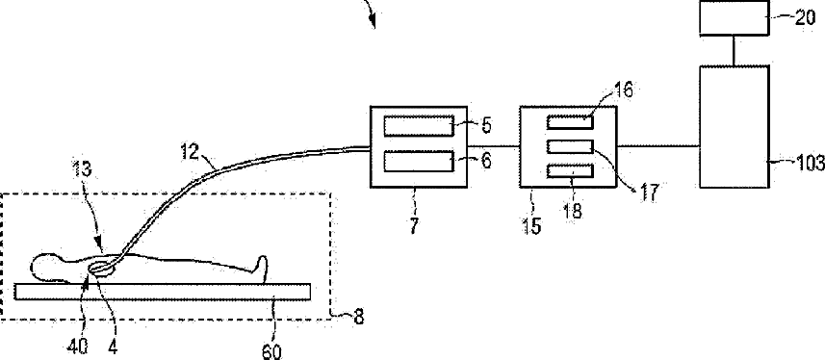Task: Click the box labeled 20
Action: pyautogui.click(x=734, y=18)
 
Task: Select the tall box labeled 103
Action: pyautogui.click(x=734, y=126)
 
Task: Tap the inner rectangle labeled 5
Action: pyautogui.click(x=419, y=126)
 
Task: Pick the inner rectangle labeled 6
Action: pyautogui.click(x=419, y=161)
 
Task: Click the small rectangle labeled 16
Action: pyautogui.click(x=570, y=122)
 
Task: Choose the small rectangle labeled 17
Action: pyautogui.click(x=570, y=146)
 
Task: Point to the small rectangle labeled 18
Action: pyautogui.click(x=570, y=171)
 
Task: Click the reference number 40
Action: pyautogui.click(x=77, y=346)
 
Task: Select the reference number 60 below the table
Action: pyautogui.click(x=271, y=351)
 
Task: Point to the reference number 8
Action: pyautogui.click(x=357, y=318)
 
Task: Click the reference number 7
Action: pyautogui.click(x=413, y=225)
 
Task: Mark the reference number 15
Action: pyautogui.click(x=532, y=226)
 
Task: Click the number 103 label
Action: pyautogui.click(x=810, y=165)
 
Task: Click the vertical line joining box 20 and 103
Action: pyautogui.click(x=734, y=51)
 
